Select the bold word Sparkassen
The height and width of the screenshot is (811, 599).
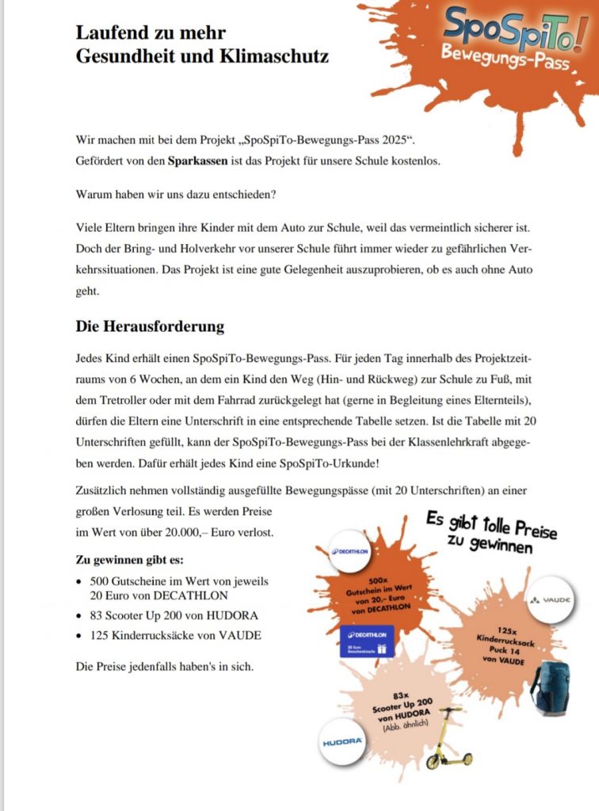[x=199, y=161]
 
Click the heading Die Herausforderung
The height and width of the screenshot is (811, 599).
[x=150, y=326]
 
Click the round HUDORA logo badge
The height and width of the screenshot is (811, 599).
[x=342, y=742]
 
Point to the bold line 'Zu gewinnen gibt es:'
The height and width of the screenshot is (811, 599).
[x=129, y=560]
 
